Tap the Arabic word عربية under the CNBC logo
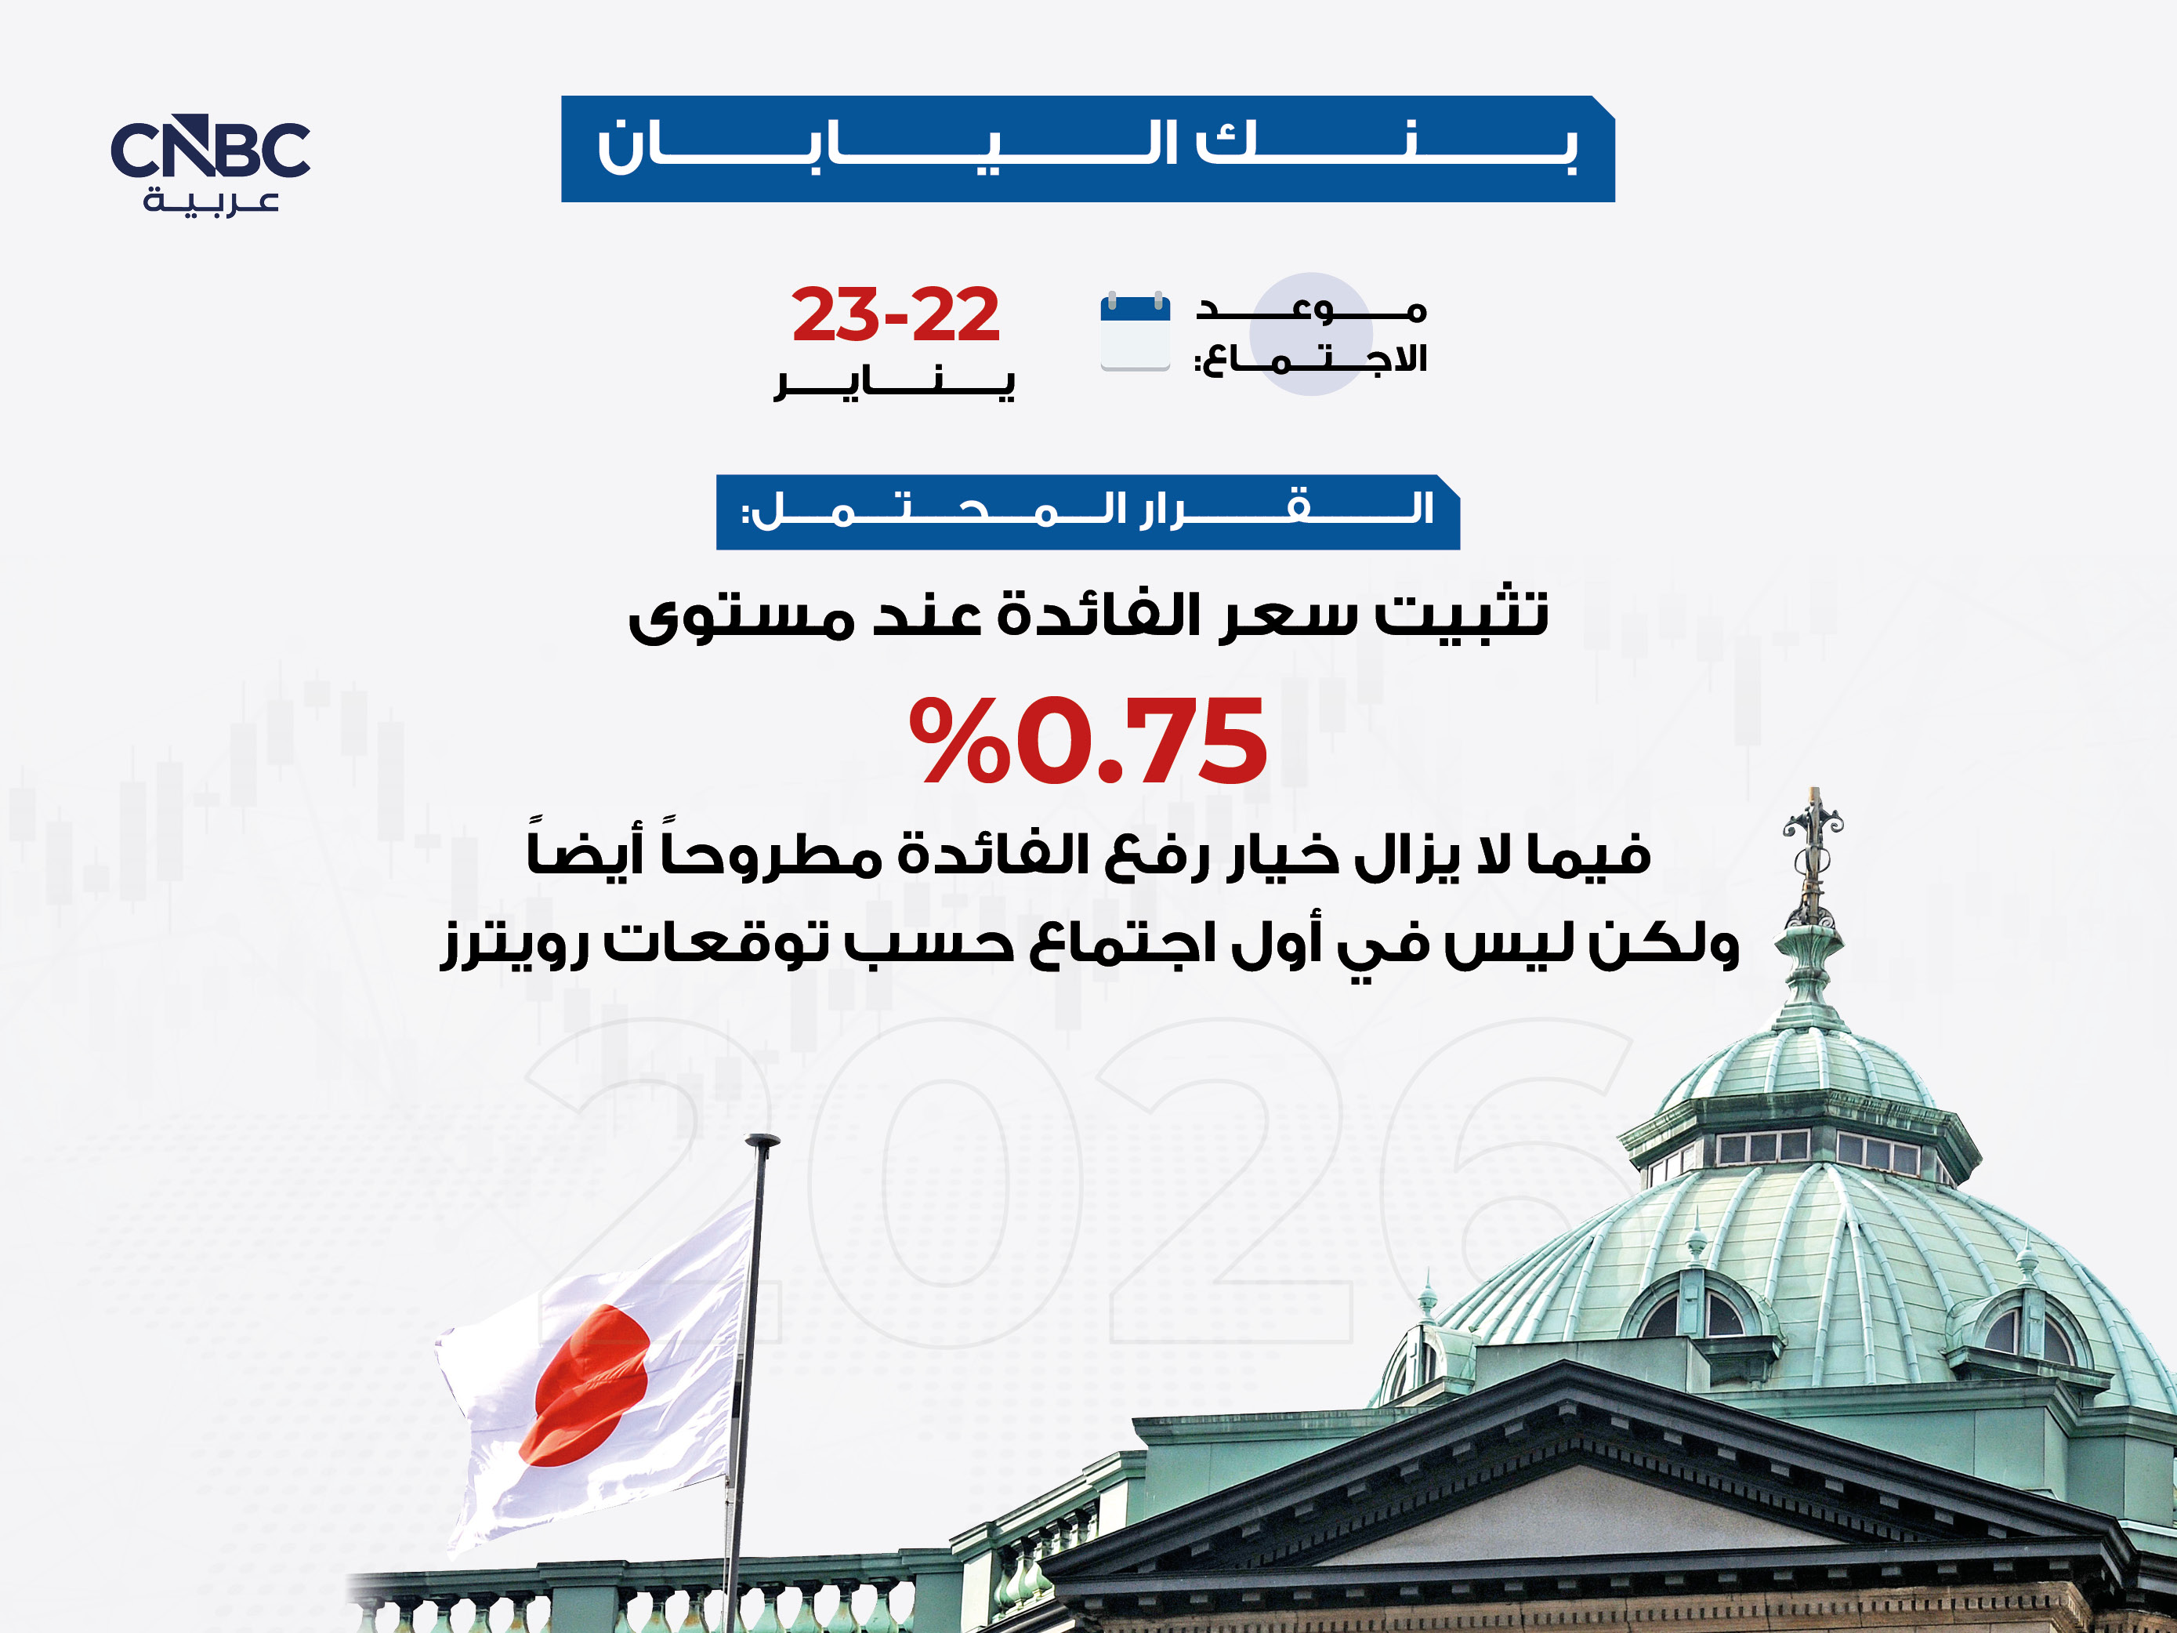[212, 201]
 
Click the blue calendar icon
[1135, 332]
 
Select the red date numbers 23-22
[896, 315]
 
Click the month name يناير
[895, 383]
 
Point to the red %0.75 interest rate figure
[1088, 739]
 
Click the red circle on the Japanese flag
[589, 1385]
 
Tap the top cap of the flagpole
[762, 1141]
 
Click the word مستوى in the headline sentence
[741, 619]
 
